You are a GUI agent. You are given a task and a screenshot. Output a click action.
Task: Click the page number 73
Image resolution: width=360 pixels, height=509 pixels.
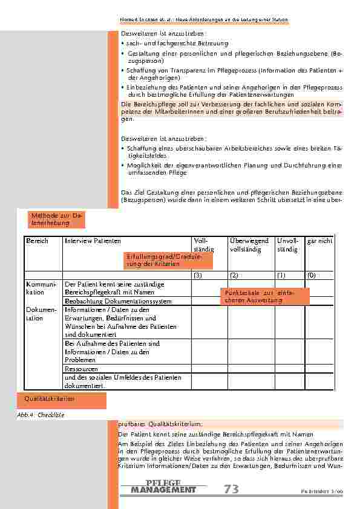[x=231, y=490]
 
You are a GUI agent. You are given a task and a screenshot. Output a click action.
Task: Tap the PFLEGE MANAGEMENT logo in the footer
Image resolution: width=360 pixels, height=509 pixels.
[x=163, y=487]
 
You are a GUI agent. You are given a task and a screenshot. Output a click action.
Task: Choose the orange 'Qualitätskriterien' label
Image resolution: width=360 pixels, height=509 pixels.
[x=50, y=399]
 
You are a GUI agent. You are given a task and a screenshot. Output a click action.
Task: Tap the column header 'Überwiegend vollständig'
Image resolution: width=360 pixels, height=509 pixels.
[x=249, y=245]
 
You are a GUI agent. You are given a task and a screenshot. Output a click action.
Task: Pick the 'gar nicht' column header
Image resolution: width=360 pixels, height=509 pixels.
[x=319, y=241]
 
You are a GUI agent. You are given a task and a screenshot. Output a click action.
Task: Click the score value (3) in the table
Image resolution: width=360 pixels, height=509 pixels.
[x=198, y=275]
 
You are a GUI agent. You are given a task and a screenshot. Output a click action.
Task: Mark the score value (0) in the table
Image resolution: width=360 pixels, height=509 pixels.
[x=311, y=275]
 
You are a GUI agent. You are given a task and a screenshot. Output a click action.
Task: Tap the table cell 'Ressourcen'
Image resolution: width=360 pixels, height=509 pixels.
[x=81, y=368]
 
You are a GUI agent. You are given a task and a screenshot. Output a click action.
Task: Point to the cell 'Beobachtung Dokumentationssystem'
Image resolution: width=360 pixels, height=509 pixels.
[x=118, y=301]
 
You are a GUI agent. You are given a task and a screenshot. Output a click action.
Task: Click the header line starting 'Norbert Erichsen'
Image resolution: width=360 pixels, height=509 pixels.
[x=204, y=20]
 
